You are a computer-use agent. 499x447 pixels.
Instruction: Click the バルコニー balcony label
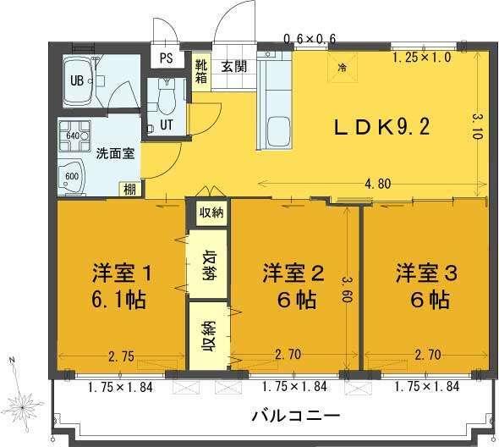pyautogui.click(x=296, y=417)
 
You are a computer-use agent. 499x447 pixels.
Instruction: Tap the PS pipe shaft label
pyautogui.click(x=166, y=59)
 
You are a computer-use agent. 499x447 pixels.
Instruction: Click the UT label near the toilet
pyautogui.click(x=167, y=124)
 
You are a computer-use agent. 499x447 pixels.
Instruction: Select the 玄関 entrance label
pyautogui.click(x=234, y=68)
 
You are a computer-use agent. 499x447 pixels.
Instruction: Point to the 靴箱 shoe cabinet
pyautogui.click(x=201, y=66)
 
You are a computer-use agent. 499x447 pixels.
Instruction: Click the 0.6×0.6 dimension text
pyautogui.click(x=310, y=38)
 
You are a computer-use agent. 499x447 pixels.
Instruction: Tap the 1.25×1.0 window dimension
pyautogui.click(x=422, y=58)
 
